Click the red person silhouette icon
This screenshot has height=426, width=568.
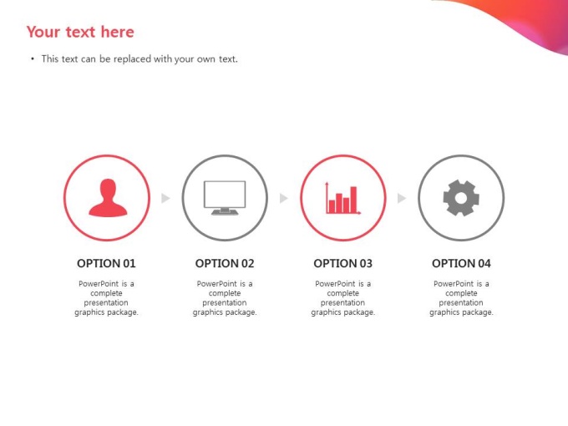pos(108,198)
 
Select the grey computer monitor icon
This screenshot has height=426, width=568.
pos(225,198)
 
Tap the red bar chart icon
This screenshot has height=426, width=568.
pos(342,198)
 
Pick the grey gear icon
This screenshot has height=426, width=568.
pos(461,198)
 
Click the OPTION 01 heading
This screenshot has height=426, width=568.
pos(106,263)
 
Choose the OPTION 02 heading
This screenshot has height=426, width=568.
pos(225,263)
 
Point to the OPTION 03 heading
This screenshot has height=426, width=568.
pos(342,263)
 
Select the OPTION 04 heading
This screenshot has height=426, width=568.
pos(461,263)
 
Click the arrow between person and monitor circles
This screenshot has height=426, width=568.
pos(165,198)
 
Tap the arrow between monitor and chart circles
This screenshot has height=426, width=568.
pos(284,198)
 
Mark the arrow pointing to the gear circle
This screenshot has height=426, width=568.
pos(402,198)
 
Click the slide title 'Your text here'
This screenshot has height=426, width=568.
pos(80,32)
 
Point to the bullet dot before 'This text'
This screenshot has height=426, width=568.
pos(33,58)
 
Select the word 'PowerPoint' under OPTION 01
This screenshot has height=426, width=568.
pos(98,284)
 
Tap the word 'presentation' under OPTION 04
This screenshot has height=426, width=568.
pos(461,302)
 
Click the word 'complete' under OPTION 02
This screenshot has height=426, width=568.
pos(225,293)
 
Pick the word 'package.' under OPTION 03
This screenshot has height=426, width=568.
pos(360,312)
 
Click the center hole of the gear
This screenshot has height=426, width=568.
pos(461,198)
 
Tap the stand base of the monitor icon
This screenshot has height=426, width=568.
pos(225,212)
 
